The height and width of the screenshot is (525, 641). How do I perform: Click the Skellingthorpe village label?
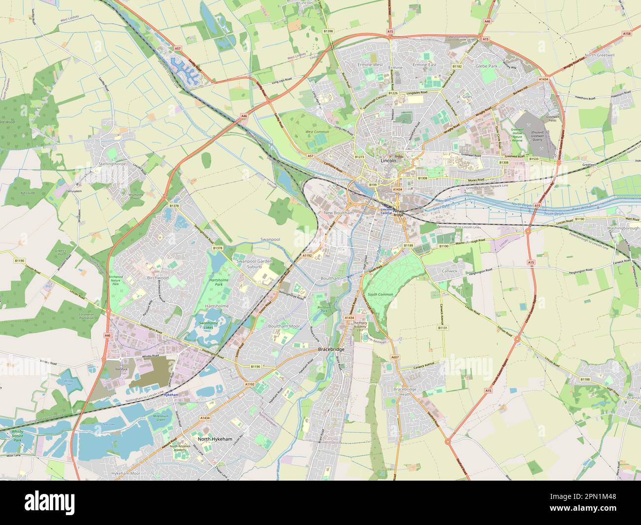(112, 164)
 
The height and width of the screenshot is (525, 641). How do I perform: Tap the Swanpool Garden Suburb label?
(254, 264)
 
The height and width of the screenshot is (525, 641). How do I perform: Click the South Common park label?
(380, 294)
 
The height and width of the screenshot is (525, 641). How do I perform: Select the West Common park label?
(317, 132)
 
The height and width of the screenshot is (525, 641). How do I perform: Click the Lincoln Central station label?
(386, 211)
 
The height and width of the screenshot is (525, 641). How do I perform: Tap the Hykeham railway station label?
(170, 395)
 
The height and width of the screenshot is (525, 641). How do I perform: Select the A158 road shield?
(626, 34)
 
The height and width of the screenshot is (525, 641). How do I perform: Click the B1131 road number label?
(443, 327)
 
